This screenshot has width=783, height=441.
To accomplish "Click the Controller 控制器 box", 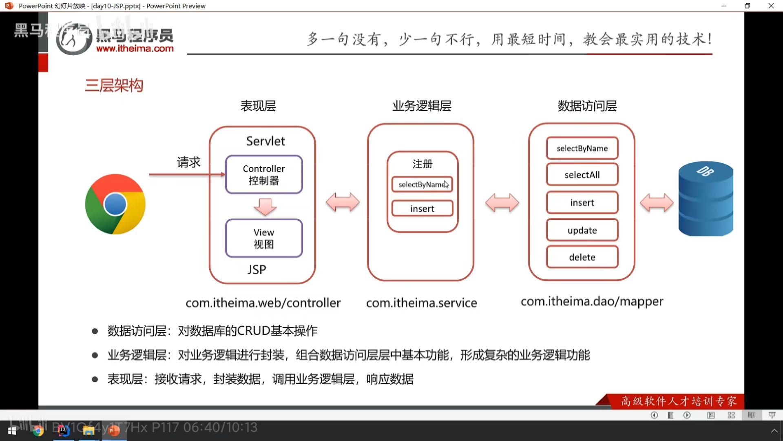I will (x=264, y=174).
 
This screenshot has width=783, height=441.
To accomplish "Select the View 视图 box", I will (x=264, y=238).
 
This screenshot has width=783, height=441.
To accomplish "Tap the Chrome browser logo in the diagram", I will (x=115, y=204).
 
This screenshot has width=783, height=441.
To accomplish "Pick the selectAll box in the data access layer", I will (x=582, y=175).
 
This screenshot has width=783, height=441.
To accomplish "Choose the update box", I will (x=582, y=230).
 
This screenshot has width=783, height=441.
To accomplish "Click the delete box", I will (x=582, y=257).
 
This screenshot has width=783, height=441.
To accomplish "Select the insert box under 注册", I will (x=422, y=209).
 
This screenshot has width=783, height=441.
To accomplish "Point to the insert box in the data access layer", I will (x=582, y=203).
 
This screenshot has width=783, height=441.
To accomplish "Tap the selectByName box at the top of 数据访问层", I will (x=582, y=148).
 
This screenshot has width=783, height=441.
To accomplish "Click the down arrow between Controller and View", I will (x=265, y=207).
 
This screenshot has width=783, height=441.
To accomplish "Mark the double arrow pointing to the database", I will (x=657, y=203).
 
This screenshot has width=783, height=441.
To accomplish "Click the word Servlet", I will (x=265, y=141).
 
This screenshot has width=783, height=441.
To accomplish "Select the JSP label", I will (x=257, y=269).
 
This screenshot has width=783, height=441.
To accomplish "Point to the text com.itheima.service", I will (x=421, y=303).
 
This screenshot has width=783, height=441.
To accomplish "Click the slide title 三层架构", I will (x=114, y=85).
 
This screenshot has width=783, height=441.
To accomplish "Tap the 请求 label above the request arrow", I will (x=188, y=162).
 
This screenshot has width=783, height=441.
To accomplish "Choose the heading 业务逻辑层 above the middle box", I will (x=422, y=106).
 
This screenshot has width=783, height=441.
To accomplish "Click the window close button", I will (x=771, y=6).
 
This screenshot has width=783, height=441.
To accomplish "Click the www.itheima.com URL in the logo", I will (x=135, y=49).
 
